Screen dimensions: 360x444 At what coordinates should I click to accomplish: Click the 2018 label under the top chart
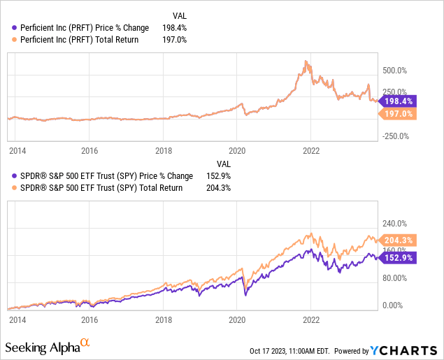(163, 150)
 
